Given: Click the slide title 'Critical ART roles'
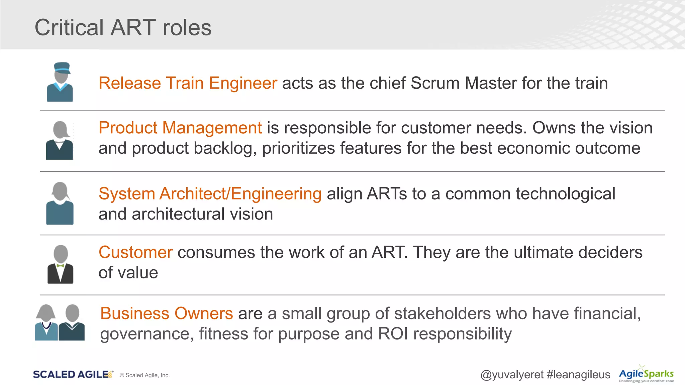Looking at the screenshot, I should click(x=123, y=27).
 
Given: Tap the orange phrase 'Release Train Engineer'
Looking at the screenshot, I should click(x=188, y=83).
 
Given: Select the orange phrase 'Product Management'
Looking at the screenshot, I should click(x=180, y=128).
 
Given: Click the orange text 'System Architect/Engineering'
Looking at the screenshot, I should click(x=210, y=194).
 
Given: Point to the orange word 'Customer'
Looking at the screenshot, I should click(x=135, y=252).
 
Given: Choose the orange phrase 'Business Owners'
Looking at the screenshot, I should click(x=167, y=313).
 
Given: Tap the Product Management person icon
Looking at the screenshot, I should click(x=60, y=140).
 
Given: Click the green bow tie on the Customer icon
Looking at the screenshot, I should click(x=61, y=266).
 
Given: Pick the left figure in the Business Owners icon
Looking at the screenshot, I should click(x=46, y=323).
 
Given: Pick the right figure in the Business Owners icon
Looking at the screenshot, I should click(x=72, y=323).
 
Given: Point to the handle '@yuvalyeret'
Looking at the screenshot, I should click(x=512, y=375).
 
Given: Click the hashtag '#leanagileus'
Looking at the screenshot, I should click(x=578, y=375).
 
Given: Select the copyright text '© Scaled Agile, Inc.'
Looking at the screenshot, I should click(x=144, y=375).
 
